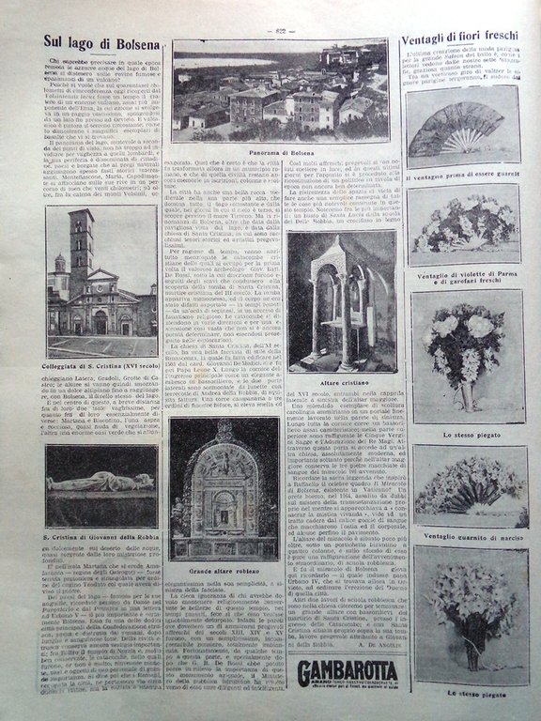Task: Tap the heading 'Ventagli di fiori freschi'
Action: [x=460, y=39]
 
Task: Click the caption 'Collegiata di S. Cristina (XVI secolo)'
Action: [x=100, y=365]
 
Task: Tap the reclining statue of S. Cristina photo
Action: [x=100, y=485]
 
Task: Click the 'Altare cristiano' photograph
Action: [x=340, y=300]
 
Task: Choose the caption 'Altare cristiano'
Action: [x=340, y=382]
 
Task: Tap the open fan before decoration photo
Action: [x=462, y=130]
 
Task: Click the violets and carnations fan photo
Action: [x=463, y=225]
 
